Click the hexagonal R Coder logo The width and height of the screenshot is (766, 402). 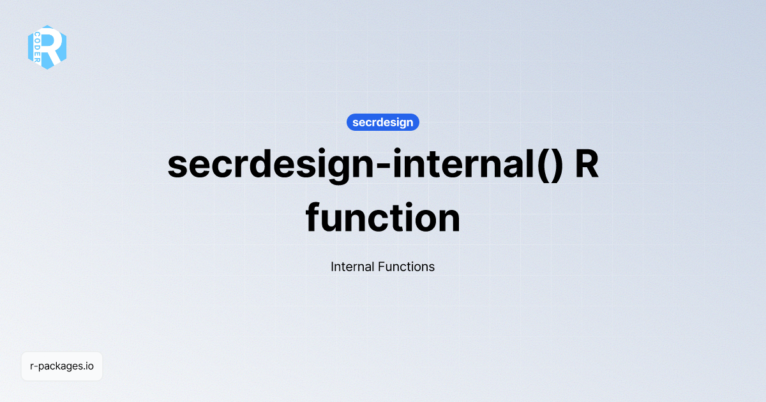tap(47, 47)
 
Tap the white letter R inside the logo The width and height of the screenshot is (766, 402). tap(54, 47)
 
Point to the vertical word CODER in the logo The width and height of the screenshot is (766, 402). tap(38, 47)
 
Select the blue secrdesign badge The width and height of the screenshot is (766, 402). tap(382, 122)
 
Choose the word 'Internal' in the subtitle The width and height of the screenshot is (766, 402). tap(352, 267)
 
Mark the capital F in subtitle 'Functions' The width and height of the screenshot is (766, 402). tap(381, 267)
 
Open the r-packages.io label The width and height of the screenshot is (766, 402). tap(62, 366)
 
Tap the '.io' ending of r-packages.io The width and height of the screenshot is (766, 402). tap(87, 366)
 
